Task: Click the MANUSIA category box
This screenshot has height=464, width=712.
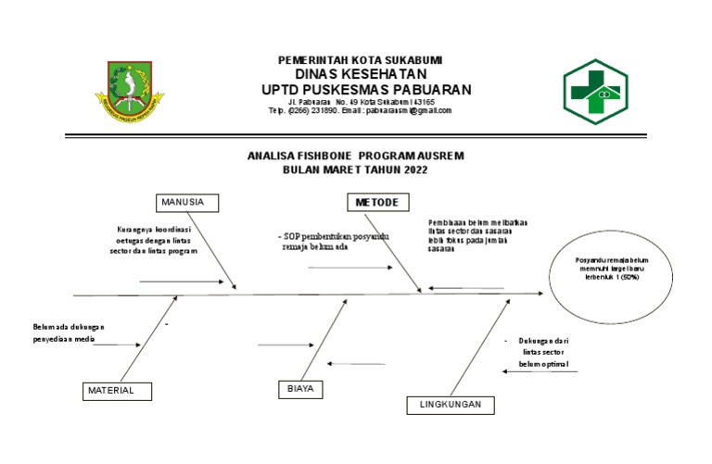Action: [x=188, y=203]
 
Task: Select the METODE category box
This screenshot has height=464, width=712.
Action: [x=378, y=203]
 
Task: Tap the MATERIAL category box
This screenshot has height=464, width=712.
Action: [x=118, y=391]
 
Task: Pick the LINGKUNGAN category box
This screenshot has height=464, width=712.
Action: [x=450, y=406]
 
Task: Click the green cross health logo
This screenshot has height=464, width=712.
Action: [x=595, y=91]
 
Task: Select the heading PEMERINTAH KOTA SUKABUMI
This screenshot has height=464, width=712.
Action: [x=361, y=60]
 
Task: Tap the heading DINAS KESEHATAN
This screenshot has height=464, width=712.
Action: [x=361, y=74]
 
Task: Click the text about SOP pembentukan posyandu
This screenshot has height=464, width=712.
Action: [x=334, y=242]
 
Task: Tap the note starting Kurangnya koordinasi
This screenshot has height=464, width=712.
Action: [x=154, y=239]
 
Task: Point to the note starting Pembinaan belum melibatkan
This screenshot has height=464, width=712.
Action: [x=478, y=235]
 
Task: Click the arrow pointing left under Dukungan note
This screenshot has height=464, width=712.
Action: [x=540, y=371]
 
